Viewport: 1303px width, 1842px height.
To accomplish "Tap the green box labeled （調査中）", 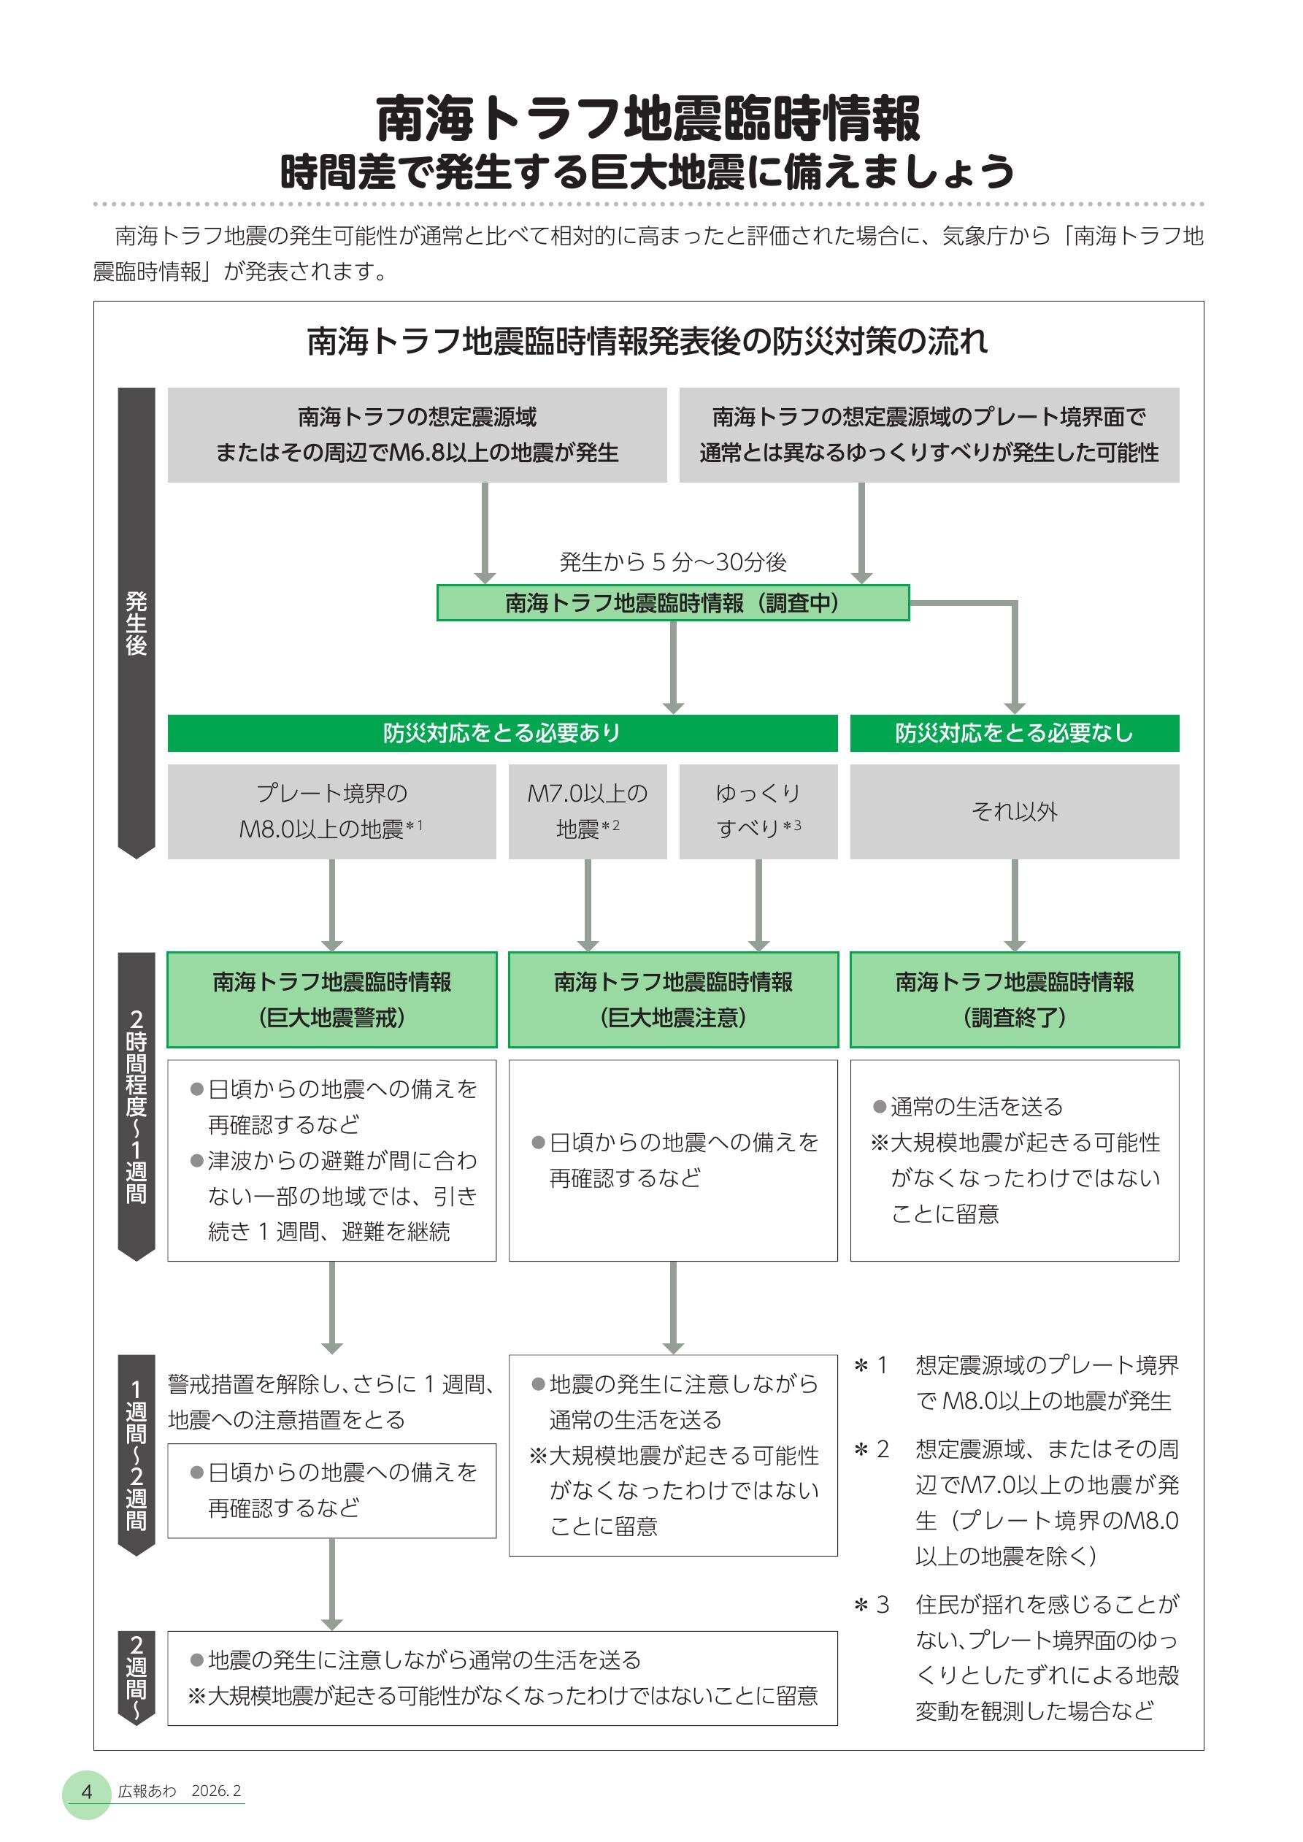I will (672, 602).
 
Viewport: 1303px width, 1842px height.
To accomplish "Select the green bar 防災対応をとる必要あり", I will (501, 732).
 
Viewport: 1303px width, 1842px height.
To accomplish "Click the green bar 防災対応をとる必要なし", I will (1014, 732).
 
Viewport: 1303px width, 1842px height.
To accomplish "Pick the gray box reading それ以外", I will (1014, 811).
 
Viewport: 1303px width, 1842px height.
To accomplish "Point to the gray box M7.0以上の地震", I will (588, 811).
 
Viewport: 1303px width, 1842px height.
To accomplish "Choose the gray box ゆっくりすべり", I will (758, 811).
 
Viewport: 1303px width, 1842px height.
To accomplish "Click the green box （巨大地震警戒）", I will (331, 999).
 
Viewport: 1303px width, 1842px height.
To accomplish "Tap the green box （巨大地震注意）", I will (672, 999).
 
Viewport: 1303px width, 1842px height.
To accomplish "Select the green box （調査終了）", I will (1014, 999).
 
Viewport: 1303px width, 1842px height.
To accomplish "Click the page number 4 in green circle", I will (87, 1792).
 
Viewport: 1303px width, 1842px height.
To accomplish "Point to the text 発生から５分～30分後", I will (672, 561).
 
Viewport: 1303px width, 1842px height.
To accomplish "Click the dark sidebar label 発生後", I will (137, 623).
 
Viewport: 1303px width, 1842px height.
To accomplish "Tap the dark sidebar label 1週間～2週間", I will (137, 1454).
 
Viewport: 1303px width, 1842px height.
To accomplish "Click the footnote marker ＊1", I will (872, 1365).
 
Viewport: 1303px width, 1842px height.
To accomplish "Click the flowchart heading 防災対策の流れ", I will (647, 342).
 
